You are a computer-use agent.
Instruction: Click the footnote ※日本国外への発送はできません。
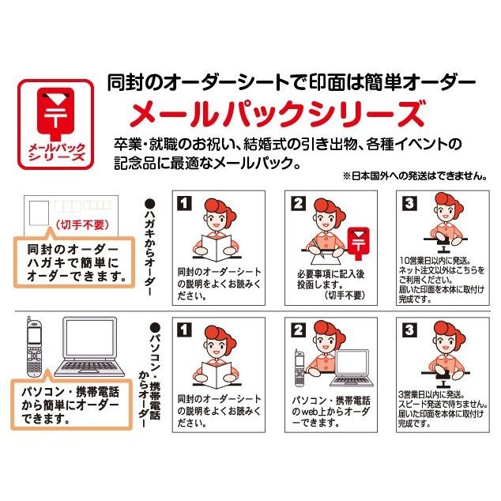414,176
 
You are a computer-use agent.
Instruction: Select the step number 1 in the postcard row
182,203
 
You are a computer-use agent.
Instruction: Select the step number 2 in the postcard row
298,203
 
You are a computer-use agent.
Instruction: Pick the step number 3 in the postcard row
409,203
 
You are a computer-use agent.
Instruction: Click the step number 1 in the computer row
182,329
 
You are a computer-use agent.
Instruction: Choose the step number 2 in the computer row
298,329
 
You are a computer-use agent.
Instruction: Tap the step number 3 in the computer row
409,329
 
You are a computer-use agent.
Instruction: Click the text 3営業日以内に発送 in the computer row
431,393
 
